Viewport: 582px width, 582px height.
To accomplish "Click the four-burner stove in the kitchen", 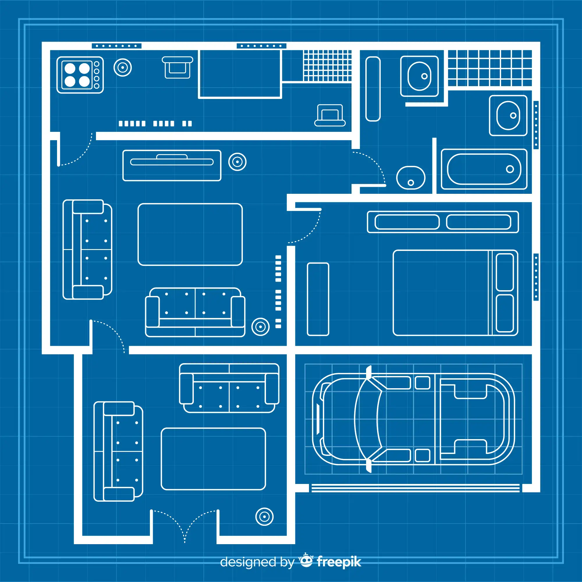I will point(80,75).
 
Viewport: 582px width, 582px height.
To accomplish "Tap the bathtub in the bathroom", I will point(484,169).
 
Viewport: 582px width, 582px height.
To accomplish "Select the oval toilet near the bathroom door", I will point(411,178).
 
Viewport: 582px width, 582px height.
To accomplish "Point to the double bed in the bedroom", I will point(455,292).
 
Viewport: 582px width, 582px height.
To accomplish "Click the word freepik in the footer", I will point(339,562).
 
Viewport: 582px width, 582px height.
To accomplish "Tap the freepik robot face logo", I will point(306,561).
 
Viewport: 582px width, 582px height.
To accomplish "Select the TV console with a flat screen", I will point(172,165).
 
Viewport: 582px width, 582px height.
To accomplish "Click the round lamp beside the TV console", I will point(237,162).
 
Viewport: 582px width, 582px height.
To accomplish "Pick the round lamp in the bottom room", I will point(264,517).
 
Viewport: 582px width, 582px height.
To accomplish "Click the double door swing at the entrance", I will point(184,526).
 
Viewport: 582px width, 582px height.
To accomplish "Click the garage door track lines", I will point(416,488).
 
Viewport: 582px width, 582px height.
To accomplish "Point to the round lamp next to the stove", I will point(123,68).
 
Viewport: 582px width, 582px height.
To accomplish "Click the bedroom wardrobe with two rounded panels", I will point(443,222).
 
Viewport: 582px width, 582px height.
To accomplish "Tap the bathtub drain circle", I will point(510,169).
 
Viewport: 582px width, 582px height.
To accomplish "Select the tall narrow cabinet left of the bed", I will point(318,299).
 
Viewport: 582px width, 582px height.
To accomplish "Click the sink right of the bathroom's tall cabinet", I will point(419,76).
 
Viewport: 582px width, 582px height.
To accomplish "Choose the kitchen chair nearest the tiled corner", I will point(330,115).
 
